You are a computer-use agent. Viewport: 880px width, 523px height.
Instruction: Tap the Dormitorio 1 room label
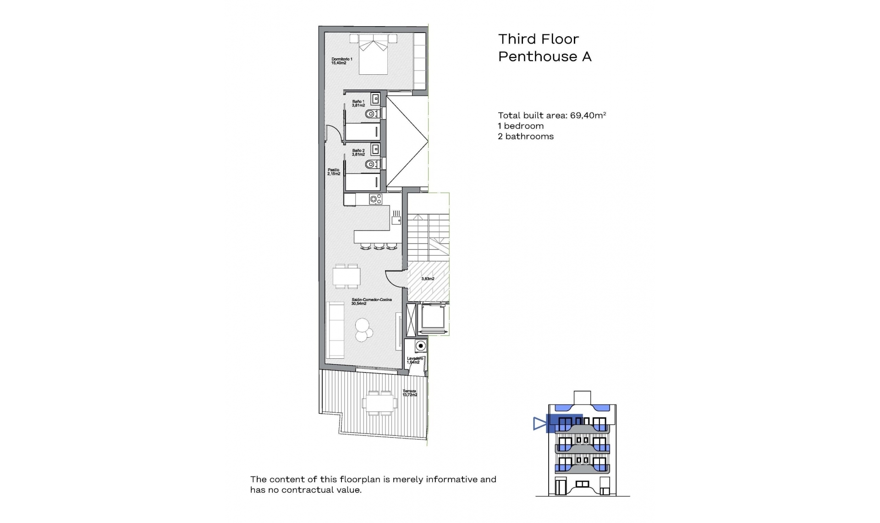click(x=341, y=61)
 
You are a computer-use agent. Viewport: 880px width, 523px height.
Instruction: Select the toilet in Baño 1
click(x=372, y=114)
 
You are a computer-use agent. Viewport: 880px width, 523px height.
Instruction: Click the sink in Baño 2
click(x=376, y=149)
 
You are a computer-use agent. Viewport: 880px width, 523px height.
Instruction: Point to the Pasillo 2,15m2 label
click(x=334, y=172)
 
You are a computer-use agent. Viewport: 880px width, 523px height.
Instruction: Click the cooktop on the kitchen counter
click(x=376, y=199)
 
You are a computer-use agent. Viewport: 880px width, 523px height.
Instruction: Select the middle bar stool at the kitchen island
click(x=379, y=247)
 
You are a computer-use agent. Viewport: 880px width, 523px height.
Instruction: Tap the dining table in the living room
click(x=346, y=276)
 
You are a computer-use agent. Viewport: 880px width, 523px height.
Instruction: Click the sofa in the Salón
click(x=335, y=330)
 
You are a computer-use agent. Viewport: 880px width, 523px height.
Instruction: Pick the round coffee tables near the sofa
click(x=363, y=329)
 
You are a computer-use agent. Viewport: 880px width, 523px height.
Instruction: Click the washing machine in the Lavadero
click(x=420, y=345)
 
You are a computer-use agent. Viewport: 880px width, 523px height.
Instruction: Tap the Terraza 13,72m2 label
click(x=410, y=393)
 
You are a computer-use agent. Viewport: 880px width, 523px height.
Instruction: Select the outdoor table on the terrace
click(x=380, y=403)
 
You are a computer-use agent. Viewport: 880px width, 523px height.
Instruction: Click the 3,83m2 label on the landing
click(x=428, y=279)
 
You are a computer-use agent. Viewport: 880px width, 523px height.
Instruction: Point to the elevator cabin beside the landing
click(x=433, y=318)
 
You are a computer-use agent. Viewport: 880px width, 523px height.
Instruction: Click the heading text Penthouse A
click(x=544, y=56)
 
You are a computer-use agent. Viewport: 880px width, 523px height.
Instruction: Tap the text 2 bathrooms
click(x=526, y=136)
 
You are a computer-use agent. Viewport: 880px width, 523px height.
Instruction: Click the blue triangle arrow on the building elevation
click(x=540, y=423)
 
